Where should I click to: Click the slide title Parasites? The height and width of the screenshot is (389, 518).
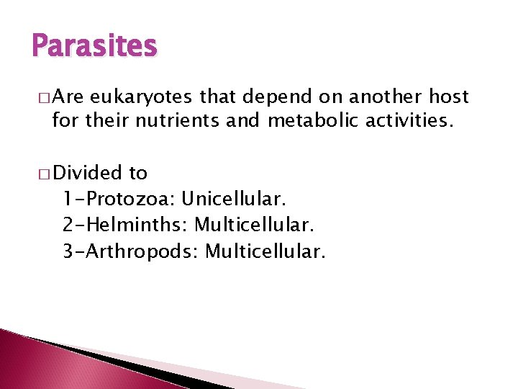click(x=94, y=46)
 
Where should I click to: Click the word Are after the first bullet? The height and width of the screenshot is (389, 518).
click(x=68, y=97)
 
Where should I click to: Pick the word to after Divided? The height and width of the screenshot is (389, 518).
click(x=137, y=173)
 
